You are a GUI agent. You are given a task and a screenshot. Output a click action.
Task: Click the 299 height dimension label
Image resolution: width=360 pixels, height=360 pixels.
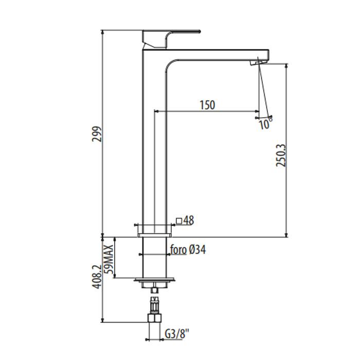pyautogui.click(x=97, y=134)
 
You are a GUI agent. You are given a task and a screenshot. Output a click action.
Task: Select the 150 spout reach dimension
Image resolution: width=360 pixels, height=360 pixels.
pyautogui.click(x=208, y=105)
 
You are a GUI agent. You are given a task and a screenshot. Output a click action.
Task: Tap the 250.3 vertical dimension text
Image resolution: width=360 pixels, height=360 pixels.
pyautogui.click(x=281, y=155)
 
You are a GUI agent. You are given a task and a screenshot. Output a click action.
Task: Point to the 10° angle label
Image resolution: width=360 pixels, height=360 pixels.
pyautogui.click(x=265, y=123)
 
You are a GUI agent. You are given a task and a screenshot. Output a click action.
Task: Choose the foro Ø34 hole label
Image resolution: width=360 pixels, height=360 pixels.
pyautogui.click(x=188, y=249)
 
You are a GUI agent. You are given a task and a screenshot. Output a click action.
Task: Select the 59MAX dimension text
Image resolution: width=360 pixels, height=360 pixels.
pyautogui.click(x=109, y=259)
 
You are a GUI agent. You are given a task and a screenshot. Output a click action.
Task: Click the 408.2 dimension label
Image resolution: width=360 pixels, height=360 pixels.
pyautogui.click(x=97, y=277)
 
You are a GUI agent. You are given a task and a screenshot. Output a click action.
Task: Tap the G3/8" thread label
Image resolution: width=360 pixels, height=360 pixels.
pyautogui.click(x=177, y=334)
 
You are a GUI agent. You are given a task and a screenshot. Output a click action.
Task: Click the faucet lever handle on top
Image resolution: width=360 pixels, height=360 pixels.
pyautogui.click(x=171, y=39)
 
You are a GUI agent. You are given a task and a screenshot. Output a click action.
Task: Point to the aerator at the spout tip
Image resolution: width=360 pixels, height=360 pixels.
pyautogui.click(x=259, y=62)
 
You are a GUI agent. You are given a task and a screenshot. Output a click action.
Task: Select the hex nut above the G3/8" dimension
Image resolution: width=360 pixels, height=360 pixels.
pyautogui.click(x=154, y=318)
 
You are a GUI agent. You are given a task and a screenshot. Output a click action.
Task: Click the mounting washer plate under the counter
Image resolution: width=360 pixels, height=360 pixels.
pyautogui.click(x=154, y=280)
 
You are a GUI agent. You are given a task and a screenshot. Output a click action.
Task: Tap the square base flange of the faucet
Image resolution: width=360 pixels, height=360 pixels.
pyautogui.click(x=154, y=235)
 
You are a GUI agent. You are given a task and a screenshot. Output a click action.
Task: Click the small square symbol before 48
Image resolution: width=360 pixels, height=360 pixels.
pyautogui.click(x=179, y=221)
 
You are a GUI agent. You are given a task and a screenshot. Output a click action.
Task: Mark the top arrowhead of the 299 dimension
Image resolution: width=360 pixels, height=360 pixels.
pyautogui.click(x=103, y=32)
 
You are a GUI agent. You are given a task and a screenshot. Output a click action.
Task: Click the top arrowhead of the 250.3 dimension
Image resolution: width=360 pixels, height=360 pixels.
pyautogui.click(x=286, y=66)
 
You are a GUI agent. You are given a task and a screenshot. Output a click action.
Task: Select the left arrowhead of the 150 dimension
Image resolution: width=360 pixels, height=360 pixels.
pyautogui.click(x=156, y=112)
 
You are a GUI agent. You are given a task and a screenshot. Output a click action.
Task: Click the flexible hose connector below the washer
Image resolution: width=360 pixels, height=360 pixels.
pyautogui.click(x=154, y=305)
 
